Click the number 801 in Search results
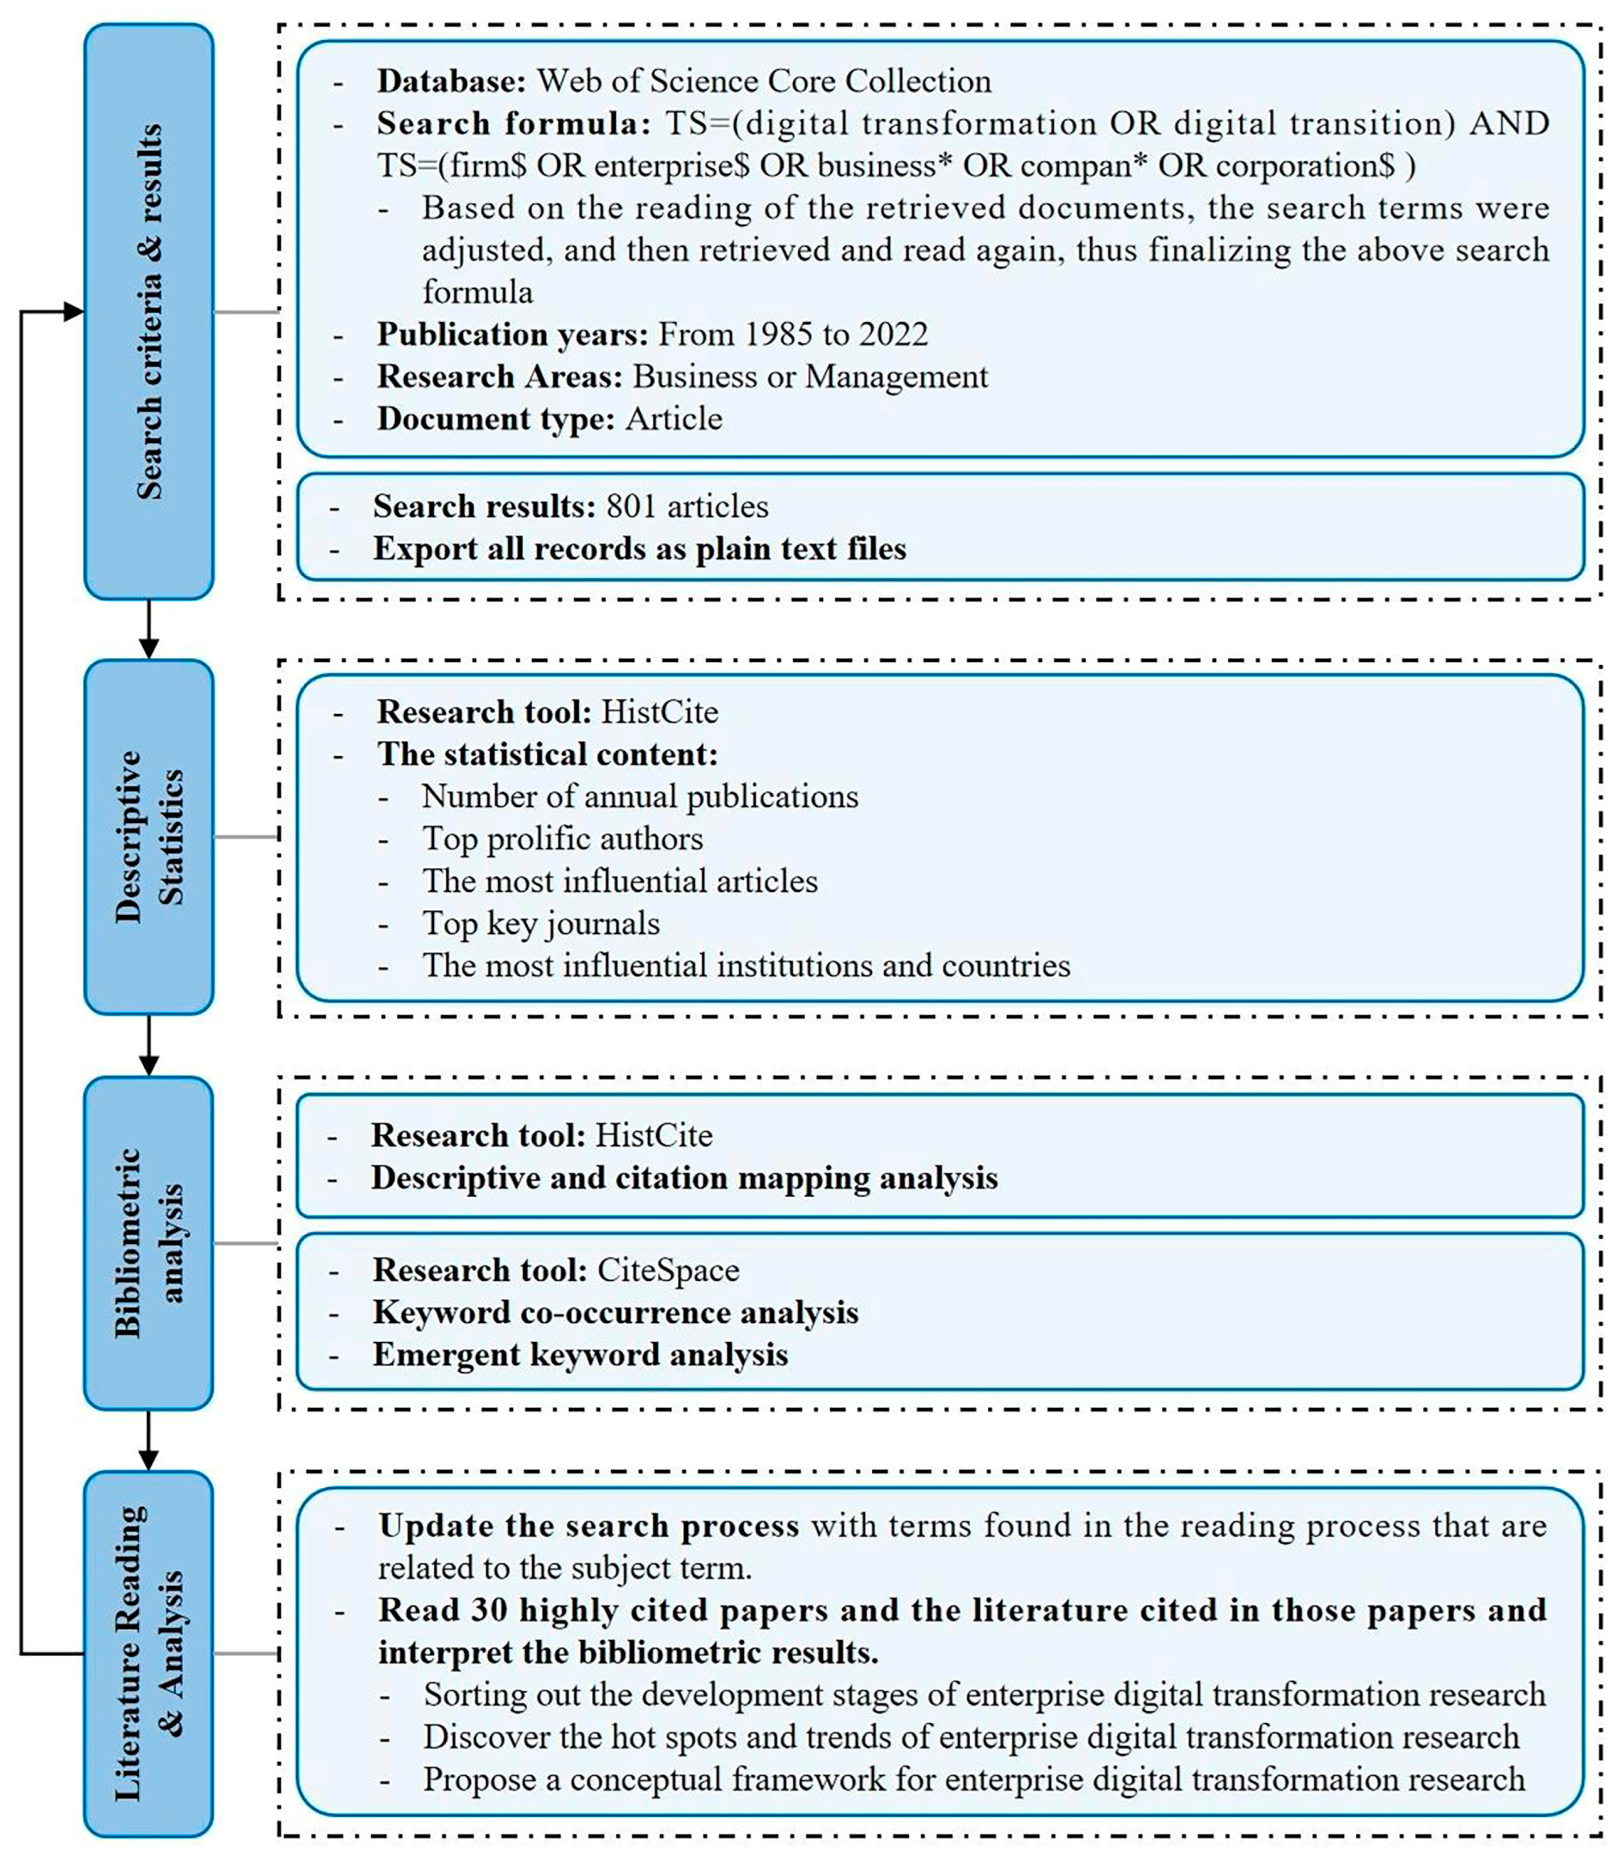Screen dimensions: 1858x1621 (x=630, y=506)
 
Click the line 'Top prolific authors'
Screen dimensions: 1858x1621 (x=562, y=839)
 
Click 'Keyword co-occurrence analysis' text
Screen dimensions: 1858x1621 (x=615, y=1312)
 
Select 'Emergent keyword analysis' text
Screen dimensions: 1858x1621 (x=580, y=1355)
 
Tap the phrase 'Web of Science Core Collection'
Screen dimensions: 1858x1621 (x=764, y=81)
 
